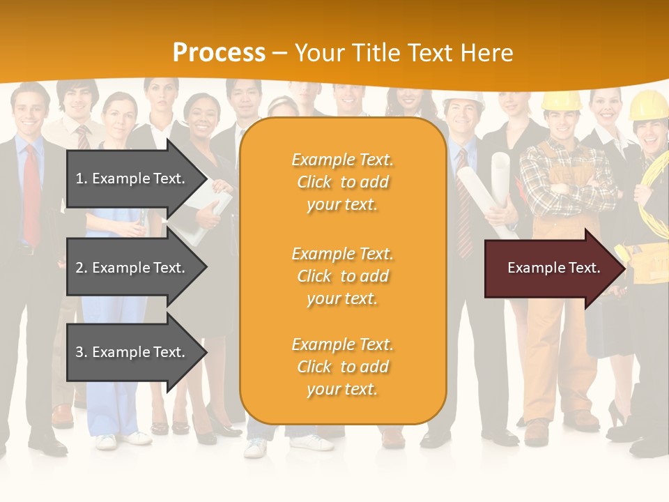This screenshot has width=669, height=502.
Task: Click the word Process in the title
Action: (x=219, y=53)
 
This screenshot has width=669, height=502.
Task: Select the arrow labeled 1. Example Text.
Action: (x=132, y=178)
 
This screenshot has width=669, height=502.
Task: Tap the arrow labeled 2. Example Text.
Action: (x=132, y=268)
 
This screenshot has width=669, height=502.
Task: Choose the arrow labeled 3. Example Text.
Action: (x=132, y=352)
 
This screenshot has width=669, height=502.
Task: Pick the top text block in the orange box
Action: (x=342, y=182)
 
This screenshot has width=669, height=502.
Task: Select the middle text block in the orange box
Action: (x=342, y=276)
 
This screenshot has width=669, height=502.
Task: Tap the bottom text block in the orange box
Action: (x=342, y=367)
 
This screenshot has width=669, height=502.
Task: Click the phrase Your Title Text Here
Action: (x=403, y=53)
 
